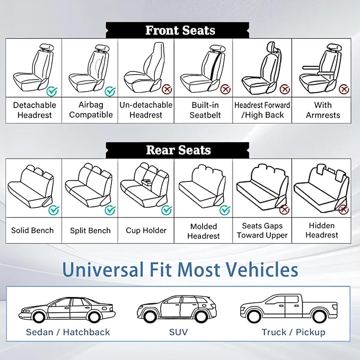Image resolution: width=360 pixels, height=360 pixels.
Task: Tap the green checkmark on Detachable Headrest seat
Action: (51, 91)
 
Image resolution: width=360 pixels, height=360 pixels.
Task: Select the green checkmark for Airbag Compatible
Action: (110, 91)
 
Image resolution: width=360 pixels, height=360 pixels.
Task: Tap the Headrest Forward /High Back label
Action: (262, 110)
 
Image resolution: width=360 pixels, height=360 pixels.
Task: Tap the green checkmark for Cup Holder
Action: (167, 210)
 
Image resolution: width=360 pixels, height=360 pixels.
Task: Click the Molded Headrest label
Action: (204, 231)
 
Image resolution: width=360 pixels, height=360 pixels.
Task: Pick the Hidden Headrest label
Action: (322, 231)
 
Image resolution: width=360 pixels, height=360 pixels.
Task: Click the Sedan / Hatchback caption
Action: (68, 332)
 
